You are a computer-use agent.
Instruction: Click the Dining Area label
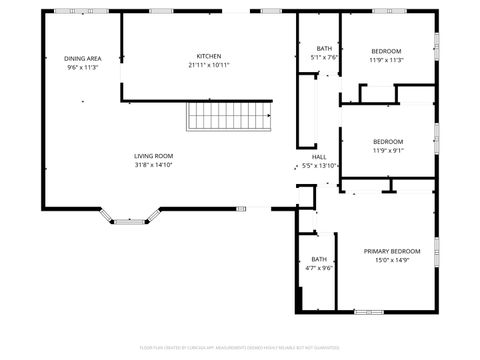click(83, 59)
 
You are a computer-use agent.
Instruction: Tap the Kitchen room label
click(209, 56)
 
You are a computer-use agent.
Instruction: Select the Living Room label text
click(154, 156)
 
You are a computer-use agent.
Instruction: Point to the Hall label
click(319, 157)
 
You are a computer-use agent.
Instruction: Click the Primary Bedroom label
click(391, 251)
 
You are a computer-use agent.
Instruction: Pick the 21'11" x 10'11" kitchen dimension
click(209, 65)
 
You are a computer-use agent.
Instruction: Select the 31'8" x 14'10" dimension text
click(154, 165)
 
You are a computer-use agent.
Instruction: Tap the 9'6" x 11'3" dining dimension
click(83, 68)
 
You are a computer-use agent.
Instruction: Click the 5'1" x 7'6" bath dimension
click(324, 57)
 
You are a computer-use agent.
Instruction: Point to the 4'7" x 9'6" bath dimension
click(318, 268)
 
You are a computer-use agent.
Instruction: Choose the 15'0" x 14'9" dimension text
click(391, 260)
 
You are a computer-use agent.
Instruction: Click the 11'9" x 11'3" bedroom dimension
click(387, 60)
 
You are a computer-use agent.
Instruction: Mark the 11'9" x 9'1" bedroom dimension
click(387, 150)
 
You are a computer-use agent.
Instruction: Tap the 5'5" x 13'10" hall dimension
click(320, 166)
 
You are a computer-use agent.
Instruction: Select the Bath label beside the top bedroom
click(324, 48)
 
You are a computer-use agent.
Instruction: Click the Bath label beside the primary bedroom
click(318, 259)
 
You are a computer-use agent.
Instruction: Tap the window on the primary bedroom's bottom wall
click(368, 311)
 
